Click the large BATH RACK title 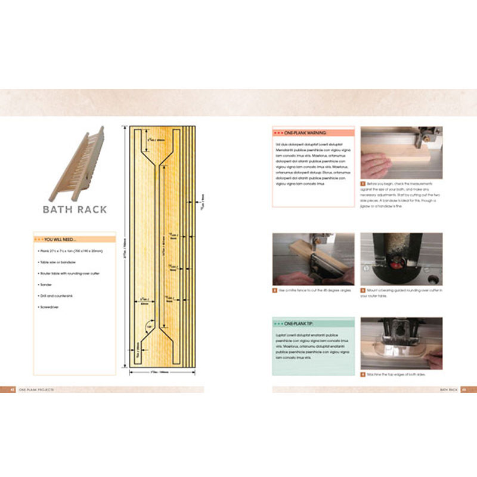(75, 209)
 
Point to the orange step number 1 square (363, 184)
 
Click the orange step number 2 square (275, 290)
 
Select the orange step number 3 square (363, 290)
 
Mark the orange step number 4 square (363, 374)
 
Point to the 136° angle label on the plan (148, 326)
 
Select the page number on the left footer (11, 389)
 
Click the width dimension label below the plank (159, 372)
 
